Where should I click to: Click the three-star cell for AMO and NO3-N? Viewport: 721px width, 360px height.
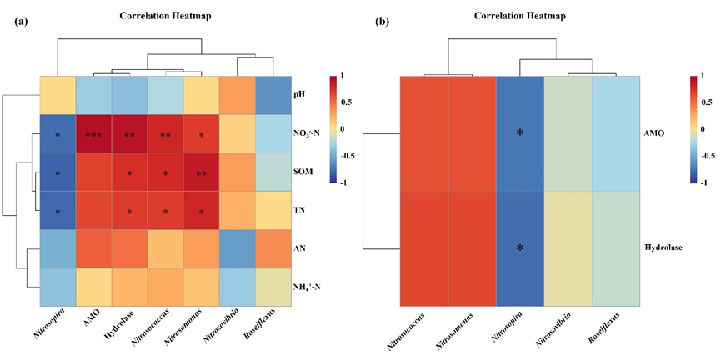[x=93, y=133]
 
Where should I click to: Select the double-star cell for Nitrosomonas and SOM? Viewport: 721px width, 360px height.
[x=201, y=172]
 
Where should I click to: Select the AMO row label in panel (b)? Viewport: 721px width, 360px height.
[x=653, y=133]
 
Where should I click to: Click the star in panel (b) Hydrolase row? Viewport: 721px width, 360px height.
[x=519, y=248]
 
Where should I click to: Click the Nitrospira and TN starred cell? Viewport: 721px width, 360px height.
[x=58, y=210]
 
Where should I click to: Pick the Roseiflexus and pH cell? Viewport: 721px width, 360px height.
[x=273, y=95]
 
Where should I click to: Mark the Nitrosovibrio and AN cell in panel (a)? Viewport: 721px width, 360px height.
[x=237, y=247]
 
